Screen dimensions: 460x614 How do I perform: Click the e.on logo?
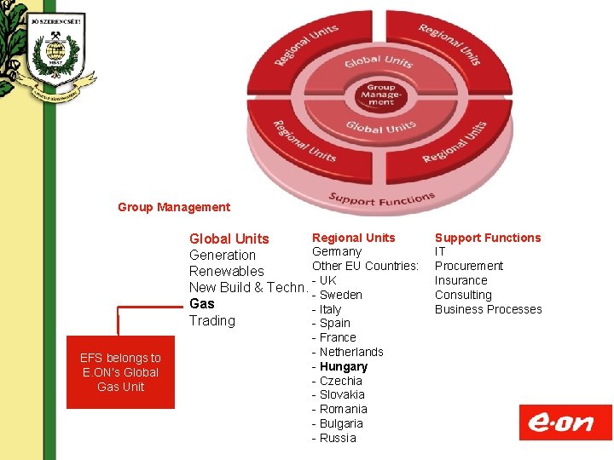coord(565,422)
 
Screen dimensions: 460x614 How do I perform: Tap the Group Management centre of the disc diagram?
coord(381,95)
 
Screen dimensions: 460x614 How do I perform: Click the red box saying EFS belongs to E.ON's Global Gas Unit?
coord(120,372)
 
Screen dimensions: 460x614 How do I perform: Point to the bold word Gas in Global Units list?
coord(202,304)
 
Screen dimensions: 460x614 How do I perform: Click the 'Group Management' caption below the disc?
coord(174,207)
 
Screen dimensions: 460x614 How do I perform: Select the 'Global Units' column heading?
coord(229,239)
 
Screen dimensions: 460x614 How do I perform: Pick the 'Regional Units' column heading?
coord(354,238)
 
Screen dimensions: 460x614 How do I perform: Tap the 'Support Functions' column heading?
coord(488,238)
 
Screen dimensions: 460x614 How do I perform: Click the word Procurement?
coord(469,266)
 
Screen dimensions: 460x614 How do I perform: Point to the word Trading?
coord(211,320)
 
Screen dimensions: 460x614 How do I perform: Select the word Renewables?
coord(227,271)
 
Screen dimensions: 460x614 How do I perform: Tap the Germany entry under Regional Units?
coord(337,251)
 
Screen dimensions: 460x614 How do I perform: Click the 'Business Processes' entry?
coord(488,309)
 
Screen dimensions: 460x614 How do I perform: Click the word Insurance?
coord(461,280)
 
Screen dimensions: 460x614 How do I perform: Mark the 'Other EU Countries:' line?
coord(366,266)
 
